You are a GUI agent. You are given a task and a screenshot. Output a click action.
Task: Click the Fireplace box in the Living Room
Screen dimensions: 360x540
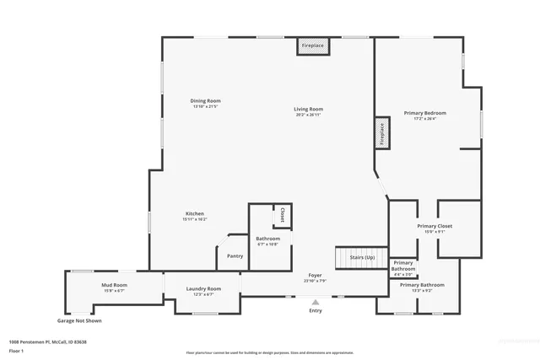click(310, 46)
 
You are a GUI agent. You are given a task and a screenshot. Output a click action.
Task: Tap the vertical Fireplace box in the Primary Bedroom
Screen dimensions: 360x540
click(381, 136)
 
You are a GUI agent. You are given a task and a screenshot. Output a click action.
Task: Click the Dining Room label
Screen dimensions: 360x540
click(205, 101)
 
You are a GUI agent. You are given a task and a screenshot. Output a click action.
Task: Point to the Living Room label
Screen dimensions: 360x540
click(309, 110)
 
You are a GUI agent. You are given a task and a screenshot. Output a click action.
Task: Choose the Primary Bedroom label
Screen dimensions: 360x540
click(424, 113)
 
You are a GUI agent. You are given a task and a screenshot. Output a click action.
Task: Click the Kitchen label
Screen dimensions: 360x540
click(194, 214)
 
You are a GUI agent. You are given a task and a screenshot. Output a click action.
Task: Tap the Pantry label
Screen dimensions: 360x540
click(235, 256)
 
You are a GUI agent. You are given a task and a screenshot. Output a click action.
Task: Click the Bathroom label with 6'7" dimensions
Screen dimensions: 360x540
click(268, 239)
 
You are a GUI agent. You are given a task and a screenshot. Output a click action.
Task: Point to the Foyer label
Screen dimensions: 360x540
click(315, 276)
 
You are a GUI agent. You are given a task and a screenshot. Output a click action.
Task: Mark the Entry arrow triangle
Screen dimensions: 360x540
click(315, 302)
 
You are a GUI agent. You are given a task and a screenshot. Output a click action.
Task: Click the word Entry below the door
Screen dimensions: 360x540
click(315, 311)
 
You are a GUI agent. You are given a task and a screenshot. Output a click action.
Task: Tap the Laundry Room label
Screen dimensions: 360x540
click(203, 289)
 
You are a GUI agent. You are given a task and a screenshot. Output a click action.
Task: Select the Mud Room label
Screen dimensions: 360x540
click(114, 286)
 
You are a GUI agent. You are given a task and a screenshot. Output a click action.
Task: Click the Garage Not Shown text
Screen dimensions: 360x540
click(79, 320)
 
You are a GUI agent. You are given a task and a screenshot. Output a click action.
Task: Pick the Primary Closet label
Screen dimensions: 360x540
click(435, 227)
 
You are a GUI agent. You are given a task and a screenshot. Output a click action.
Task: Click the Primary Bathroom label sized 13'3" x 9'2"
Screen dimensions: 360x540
click(422, 285)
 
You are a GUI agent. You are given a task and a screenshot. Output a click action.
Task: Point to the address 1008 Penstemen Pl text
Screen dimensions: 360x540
click(48, 341)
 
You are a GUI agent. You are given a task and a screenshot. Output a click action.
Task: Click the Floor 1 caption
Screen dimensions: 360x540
click(16, 350)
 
